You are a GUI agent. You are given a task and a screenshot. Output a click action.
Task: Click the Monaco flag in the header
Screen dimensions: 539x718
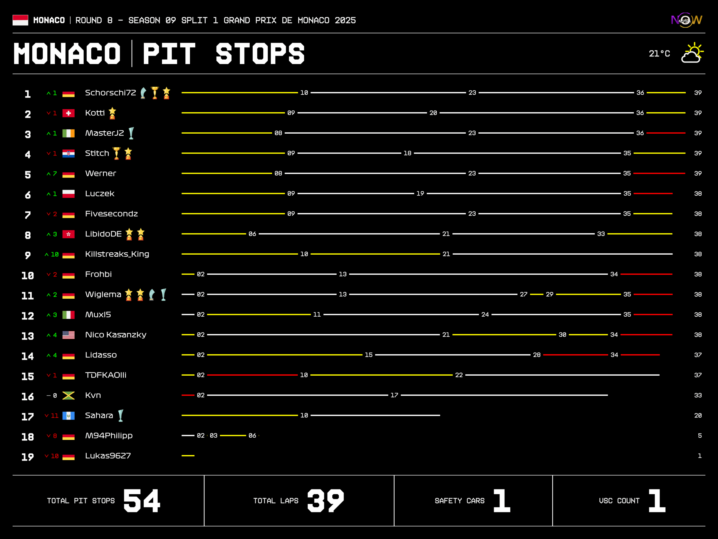20,20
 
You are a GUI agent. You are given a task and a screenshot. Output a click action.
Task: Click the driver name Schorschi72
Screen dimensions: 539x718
110,93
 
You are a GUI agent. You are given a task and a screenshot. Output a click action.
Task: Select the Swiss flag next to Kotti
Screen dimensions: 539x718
68,113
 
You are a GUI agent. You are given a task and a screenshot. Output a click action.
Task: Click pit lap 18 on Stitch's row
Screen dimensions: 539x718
407,153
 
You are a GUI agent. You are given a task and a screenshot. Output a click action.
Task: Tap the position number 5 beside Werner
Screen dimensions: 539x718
28,175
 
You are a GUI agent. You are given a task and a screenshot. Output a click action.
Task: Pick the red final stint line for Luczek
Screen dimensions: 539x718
652,194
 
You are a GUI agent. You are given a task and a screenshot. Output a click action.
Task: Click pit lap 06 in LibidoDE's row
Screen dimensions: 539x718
252,234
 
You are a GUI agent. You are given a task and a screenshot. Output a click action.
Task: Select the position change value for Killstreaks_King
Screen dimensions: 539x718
52,254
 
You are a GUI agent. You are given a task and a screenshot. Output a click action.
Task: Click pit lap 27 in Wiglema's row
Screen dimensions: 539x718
523,294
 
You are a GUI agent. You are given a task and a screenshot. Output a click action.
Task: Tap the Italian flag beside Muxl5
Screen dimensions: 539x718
68,315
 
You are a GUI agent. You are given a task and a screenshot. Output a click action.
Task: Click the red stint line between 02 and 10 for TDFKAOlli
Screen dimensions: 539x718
252,375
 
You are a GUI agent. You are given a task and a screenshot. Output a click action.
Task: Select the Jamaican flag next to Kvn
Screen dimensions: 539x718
68,395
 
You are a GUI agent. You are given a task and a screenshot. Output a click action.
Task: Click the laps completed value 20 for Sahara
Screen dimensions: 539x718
698,415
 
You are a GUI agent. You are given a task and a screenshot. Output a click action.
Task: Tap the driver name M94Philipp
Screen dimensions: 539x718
109,436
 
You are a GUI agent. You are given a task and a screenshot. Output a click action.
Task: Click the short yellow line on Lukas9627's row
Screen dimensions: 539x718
188,456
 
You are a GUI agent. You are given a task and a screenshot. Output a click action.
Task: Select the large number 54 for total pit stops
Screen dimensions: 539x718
142,501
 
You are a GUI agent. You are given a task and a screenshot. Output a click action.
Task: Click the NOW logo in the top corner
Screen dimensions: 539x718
686,20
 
